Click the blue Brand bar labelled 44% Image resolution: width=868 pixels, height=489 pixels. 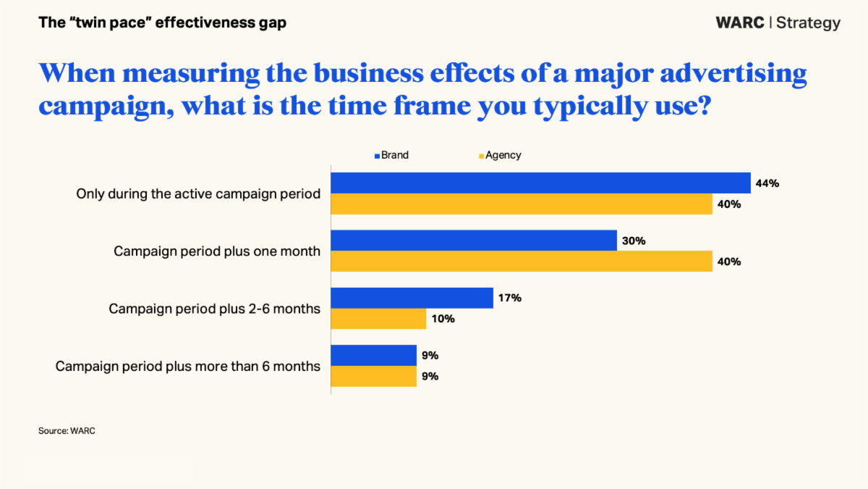coord(540,183)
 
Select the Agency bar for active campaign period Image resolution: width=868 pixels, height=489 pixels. coord(522,204)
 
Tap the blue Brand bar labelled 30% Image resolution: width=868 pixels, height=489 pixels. coord(474,241)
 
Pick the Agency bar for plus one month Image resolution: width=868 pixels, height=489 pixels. coord(522,262)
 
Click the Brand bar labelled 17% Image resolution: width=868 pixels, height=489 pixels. coord(412,298)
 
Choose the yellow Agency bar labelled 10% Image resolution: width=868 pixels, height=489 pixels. coord(378,319)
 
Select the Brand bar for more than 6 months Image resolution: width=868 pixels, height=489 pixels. coord(373,355)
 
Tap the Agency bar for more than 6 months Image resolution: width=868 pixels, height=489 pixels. coord(373,376)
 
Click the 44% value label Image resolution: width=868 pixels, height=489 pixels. coord(767,183)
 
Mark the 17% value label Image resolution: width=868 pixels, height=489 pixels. coord(510,298)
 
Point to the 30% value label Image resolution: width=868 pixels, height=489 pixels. coord(634,241)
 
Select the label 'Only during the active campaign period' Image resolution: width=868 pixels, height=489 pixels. coord(198,194)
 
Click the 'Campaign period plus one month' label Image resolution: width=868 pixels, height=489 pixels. coord(217,251)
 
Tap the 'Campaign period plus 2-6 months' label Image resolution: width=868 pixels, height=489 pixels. coord(214,309)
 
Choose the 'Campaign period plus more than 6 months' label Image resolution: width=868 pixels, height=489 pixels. coord(188,366)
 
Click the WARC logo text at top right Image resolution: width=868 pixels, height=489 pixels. coord(739,22)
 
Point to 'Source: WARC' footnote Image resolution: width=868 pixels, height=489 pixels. coord(67,431)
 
